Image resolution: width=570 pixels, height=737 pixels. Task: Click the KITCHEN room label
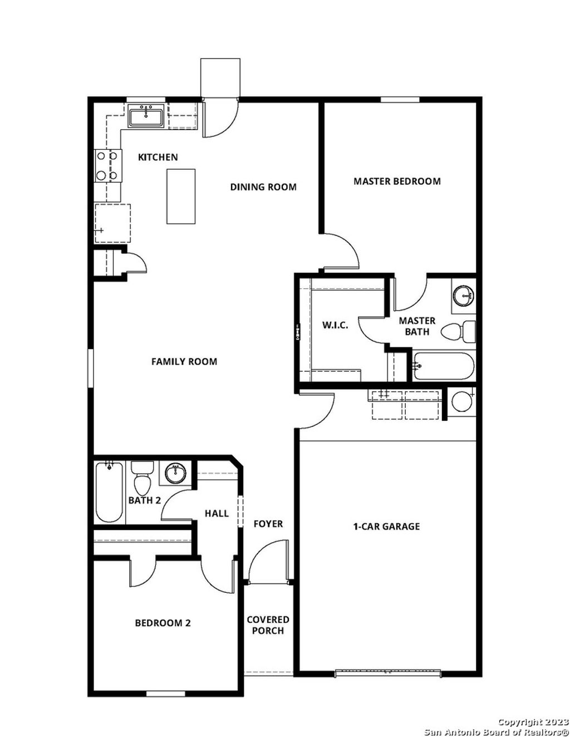[x=158, y=157]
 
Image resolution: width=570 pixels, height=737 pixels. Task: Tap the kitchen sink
[x=146, y=117]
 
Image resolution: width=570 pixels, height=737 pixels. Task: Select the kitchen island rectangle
[x=181, y=196]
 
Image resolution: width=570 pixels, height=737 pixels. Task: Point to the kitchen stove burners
[x=107, y=166]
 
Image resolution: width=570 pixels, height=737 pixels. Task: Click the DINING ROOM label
[x=263, y=187]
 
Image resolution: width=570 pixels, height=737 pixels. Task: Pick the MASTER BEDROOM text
[x=397, y=181]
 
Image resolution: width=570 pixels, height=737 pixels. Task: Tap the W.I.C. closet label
[x=335, y=325]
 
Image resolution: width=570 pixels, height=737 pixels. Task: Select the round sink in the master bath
[x=462, y=296]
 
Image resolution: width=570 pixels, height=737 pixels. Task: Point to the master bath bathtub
[x=444, y=366]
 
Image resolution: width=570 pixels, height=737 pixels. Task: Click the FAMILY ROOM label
[x=184, y=361]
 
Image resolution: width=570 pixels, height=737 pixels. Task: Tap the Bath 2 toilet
[x=142, y=480]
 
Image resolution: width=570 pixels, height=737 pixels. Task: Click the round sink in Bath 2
[x=176, y=473]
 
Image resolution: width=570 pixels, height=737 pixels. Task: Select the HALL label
[x=217, y=513]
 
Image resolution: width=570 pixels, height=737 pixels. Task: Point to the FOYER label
[x=268, y=524]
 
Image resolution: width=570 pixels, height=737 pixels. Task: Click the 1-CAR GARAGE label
[x=387, y=526]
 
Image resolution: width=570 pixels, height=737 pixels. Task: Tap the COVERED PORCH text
[x=268, y=625]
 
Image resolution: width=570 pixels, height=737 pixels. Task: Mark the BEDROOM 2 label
[x=163, y=623]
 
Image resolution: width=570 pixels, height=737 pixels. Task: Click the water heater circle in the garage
[x=461, y=401]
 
